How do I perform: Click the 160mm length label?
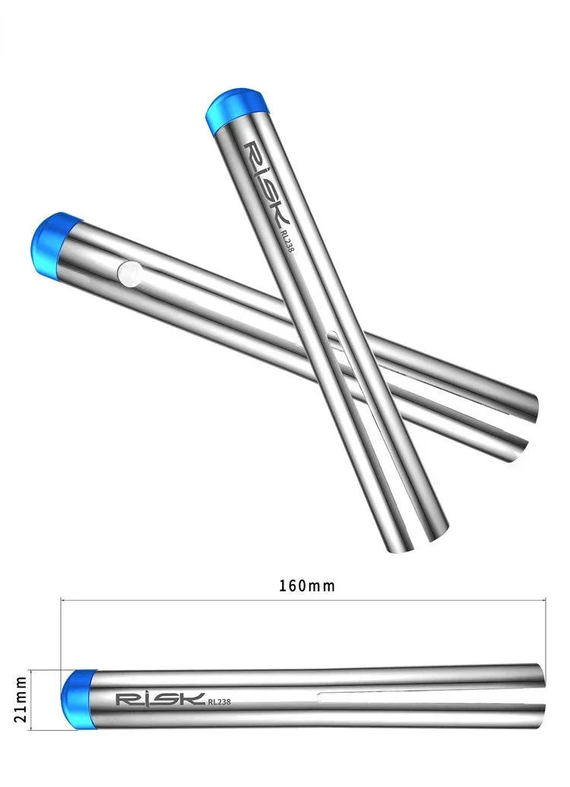click(307, 586)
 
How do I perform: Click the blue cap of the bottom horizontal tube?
click(78, 699)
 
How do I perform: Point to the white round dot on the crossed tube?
click(130, 273)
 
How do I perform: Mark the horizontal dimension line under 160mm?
click(304, 600)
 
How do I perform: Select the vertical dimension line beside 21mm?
click(30, 699)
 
